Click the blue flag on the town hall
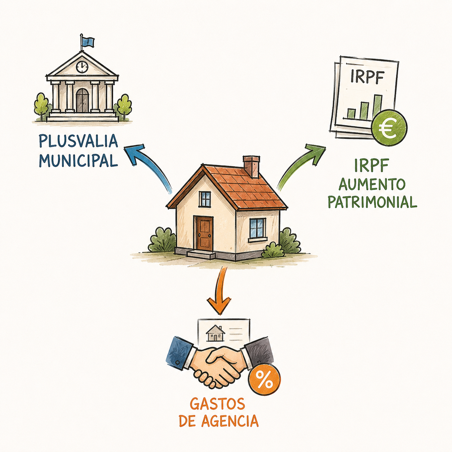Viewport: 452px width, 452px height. [88, 43]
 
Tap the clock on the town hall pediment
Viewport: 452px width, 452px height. [82, 67]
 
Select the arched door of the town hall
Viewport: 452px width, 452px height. [82, 100]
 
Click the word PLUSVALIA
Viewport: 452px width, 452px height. [78, 141]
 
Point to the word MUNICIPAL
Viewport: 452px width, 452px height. [78, 160]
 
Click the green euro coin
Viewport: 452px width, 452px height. [389, 128]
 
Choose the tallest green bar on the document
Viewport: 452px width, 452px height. [378, 107]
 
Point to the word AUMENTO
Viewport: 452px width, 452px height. [372, 184]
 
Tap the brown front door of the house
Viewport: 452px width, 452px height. [203, 233]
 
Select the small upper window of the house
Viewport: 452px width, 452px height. [205, 199]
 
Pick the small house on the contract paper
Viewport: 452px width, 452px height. [215, 333]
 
